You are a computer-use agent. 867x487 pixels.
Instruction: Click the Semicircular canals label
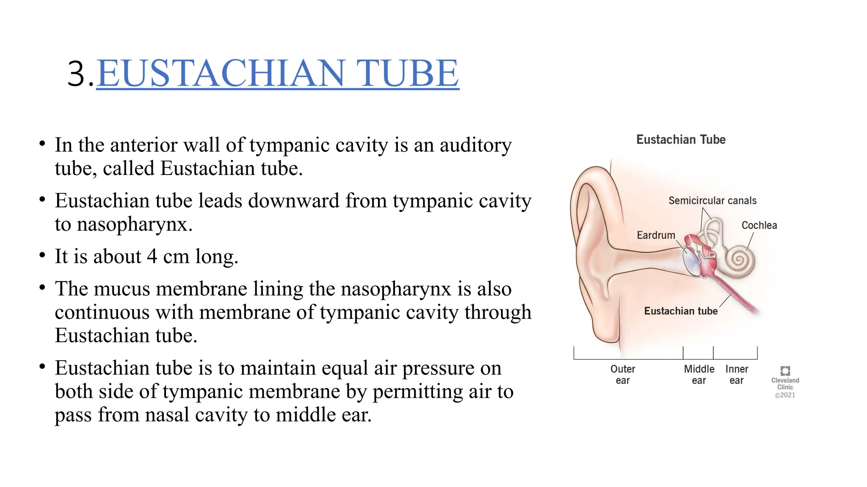coord(712,201)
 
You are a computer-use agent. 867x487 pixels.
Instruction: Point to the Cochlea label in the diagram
coord(759,225)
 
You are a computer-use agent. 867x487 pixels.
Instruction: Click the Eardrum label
coord(656,235)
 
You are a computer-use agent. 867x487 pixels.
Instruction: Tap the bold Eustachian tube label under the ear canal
coord(681,311)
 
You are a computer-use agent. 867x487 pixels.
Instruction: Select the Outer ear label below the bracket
coord(622,375)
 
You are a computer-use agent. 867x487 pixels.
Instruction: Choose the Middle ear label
coord(699,375)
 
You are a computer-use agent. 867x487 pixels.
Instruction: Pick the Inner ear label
coord(737,375)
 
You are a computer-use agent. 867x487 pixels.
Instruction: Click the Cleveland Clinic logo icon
coord(785,371)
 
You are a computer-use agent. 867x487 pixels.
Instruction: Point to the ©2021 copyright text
coord(785,395)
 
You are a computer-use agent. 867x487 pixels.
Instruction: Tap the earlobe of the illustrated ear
coord(605,330)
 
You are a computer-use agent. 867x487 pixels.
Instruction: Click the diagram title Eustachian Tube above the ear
coord(681,140)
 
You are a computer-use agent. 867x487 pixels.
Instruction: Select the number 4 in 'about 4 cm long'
coord(152,257)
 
